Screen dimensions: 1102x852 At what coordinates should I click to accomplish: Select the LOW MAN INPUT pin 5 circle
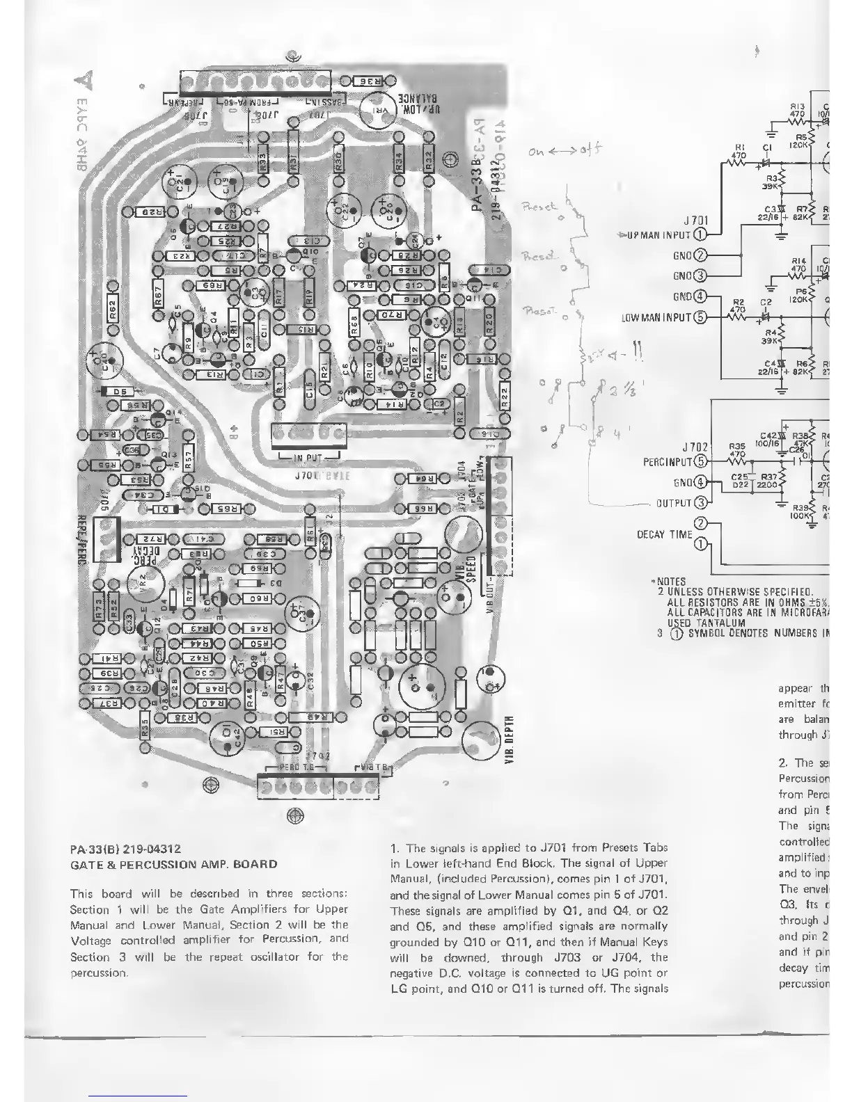700,317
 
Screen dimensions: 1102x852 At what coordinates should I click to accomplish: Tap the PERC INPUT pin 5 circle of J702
701,461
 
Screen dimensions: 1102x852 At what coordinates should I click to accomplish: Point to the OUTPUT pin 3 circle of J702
701,502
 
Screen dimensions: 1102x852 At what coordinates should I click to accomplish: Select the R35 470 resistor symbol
737,461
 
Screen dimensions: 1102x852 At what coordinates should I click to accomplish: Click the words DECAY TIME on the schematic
665,534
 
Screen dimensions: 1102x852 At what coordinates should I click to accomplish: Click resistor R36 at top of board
372,81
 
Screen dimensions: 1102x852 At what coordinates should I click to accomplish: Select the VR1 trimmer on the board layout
382,115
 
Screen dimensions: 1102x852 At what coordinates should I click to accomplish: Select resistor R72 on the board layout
151,539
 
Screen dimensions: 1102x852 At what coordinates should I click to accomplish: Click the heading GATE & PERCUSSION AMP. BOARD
173,864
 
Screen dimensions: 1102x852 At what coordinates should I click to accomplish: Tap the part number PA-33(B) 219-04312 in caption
126,849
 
